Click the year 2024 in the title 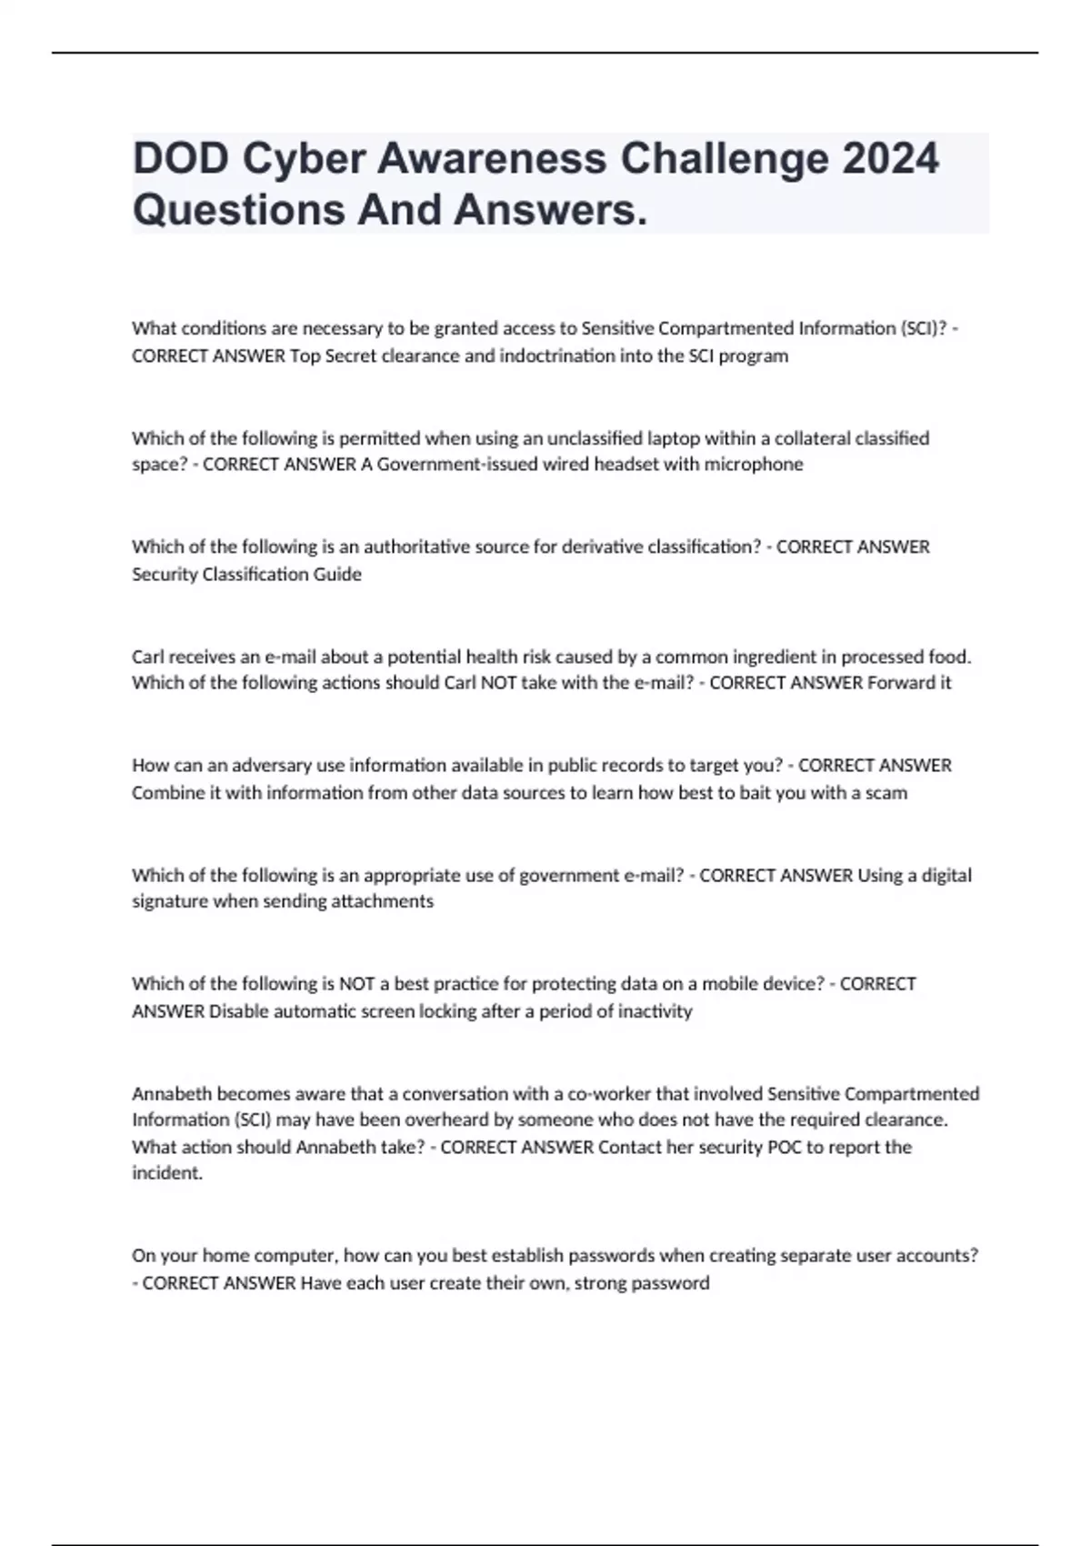click(x=890, y=159)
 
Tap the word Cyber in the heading click(x=299, y=159)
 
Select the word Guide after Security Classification click(x=337, y=575)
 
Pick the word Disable click(x=239, y=1011)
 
